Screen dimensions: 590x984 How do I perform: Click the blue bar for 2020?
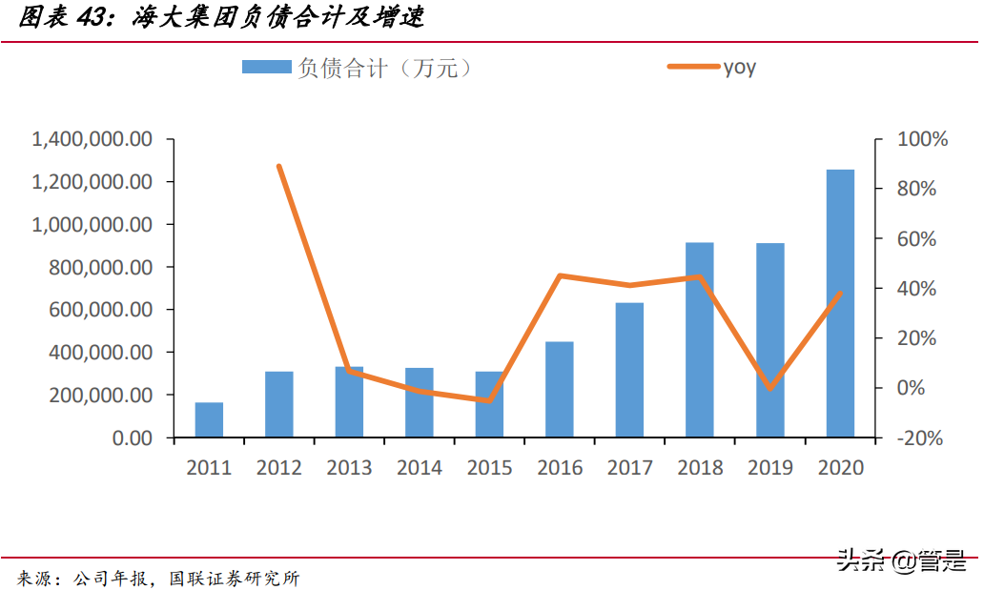tap(840, 303)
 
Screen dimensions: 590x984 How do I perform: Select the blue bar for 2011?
tap(209, 419)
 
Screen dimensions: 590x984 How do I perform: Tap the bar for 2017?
tap(629, 370)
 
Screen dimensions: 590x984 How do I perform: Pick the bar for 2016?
tap(560, 389)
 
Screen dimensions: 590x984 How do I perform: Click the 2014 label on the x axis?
tap(420, 468)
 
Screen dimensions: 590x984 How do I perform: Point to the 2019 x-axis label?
tap(770, 468)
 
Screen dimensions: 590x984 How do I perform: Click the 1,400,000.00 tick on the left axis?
tap(92, 139)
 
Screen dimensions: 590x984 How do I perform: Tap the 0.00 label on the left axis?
tap(129, 438)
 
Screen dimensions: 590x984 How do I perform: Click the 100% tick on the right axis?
tap(923, 139)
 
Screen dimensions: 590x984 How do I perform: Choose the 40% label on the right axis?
tap(918, 289)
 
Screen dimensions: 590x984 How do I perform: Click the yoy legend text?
tap(739, 67)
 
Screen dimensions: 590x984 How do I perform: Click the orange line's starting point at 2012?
tap(279, 167)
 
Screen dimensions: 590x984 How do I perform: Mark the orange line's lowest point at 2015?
tap(489, 400)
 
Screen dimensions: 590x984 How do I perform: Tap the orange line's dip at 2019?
tap(770, 388)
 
